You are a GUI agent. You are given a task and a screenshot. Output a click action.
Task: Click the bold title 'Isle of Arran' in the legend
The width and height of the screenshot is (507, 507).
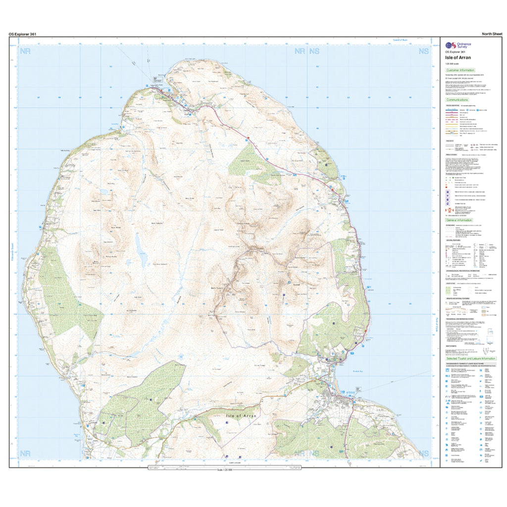457,57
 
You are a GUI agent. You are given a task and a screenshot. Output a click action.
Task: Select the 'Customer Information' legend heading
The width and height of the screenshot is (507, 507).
460,70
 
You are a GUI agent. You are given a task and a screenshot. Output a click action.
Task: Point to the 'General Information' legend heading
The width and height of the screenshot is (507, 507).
459,220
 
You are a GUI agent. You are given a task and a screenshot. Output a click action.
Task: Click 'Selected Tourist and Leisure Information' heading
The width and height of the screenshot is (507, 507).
471,358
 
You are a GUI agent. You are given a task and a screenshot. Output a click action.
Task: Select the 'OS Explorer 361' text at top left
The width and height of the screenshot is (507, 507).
22,34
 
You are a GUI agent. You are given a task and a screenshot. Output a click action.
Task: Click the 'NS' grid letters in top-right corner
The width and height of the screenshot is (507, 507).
423,51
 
